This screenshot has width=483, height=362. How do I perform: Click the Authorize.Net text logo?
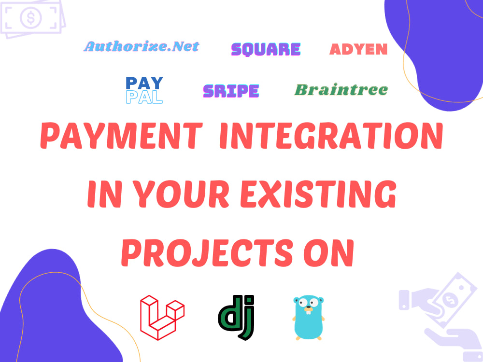click(142, 46)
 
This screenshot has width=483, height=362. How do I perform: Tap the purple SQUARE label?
click(266, 49)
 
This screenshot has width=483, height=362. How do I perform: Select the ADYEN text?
click(358, 49)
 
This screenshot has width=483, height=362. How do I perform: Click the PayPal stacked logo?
click(144, 90)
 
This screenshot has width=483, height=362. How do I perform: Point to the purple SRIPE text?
click(231, 91)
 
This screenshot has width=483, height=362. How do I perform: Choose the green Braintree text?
click(341, 90)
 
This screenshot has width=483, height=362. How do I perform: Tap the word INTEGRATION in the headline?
click(331, 137)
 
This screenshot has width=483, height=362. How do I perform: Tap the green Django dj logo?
click(236, 316)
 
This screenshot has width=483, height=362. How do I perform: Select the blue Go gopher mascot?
click(309, 317)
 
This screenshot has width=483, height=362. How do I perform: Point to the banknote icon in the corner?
click(31, 18)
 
